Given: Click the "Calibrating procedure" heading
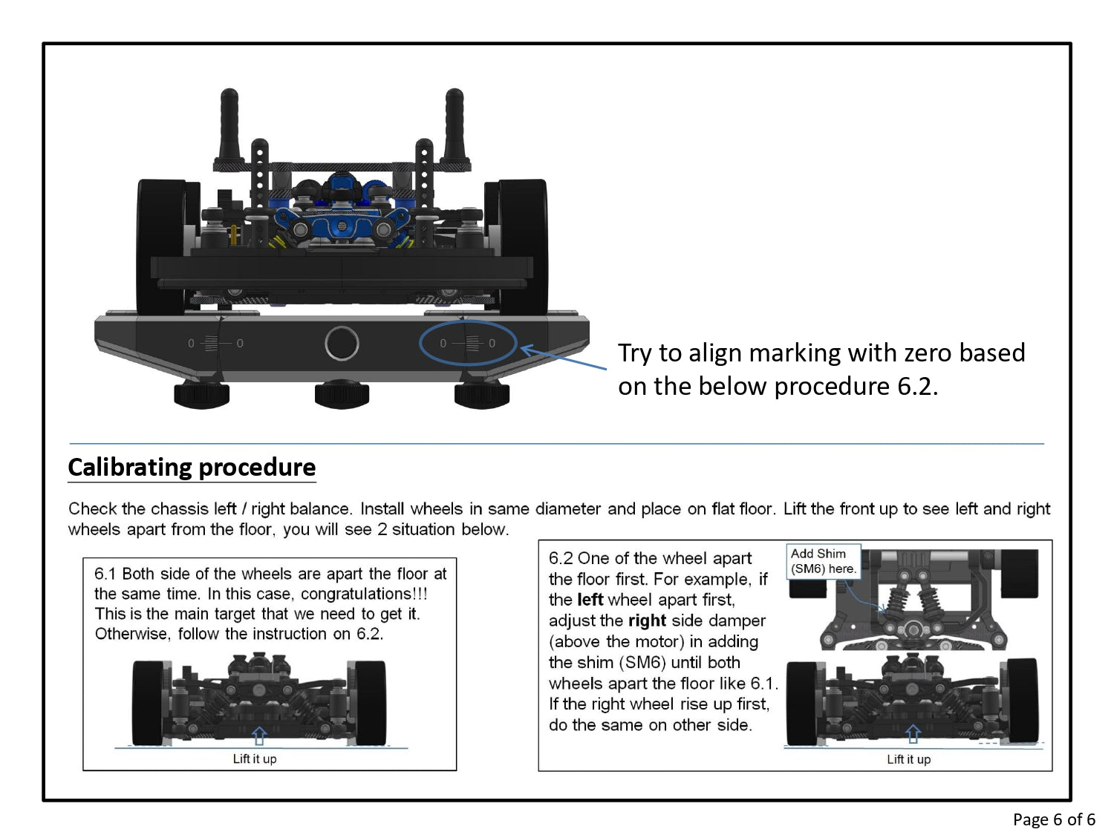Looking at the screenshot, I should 192,467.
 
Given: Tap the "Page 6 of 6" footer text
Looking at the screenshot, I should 1053,819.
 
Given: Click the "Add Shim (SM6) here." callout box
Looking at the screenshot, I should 823,561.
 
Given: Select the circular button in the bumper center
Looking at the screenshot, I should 342,344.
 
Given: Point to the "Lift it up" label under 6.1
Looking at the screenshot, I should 254,759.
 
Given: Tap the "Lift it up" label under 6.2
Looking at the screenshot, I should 908,759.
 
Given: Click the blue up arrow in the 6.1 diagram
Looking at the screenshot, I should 258,736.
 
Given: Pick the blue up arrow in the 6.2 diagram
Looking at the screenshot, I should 913,734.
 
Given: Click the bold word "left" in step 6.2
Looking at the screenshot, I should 590,600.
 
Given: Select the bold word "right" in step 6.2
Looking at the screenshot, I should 646,620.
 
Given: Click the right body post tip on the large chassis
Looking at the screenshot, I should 454,97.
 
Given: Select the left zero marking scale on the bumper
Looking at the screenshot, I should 215,343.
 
